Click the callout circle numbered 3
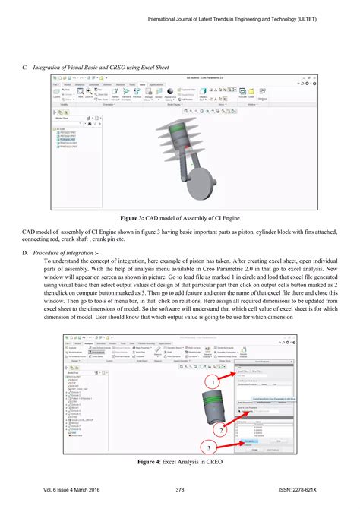(208, 447)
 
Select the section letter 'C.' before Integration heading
(25, 68)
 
